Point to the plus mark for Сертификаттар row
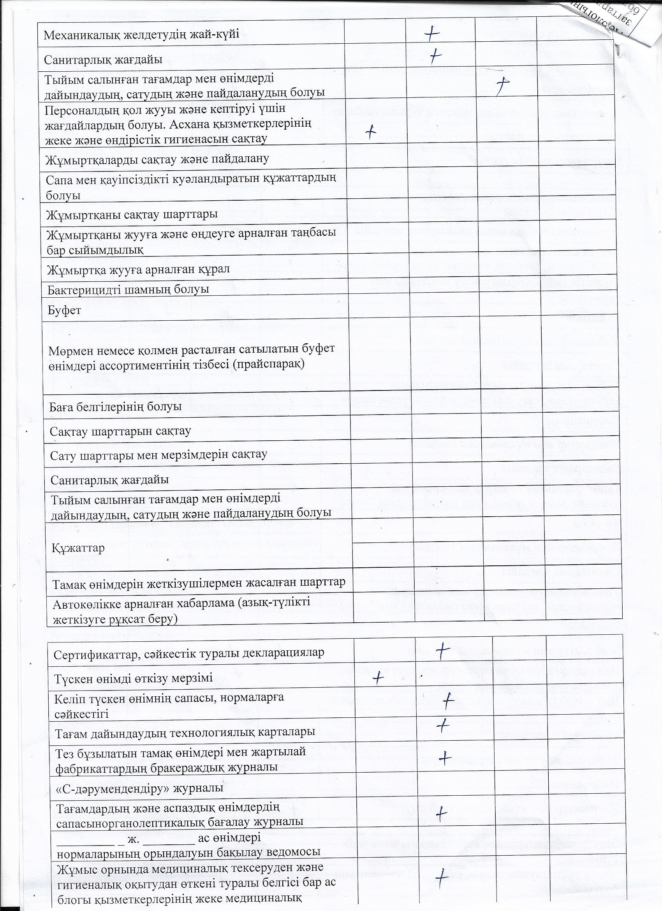point(442,651)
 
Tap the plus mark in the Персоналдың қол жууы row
point(371,131)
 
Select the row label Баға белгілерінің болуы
point(116,406)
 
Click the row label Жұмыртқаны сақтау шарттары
point(132,214)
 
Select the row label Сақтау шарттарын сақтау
point(120,431)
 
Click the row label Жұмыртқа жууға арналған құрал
point(138,269)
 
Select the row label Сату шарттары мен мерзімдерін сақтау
point(158,455)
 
